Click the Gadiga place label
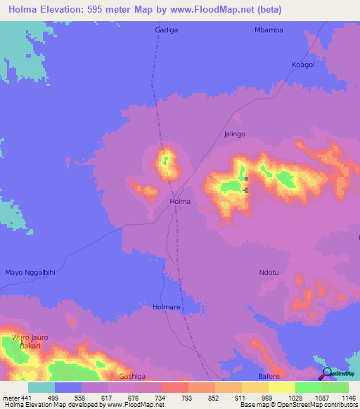[166, 30]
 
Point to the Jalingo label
[234, 134]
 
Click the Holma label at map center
[181, 202]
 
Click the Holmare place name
[167, 307]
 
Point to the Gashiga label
[132, 377]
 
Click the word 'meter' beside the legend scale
[12, 397]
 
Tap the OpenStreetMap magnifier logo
[328, 373]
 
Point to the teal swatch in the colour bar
[41, 387]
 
